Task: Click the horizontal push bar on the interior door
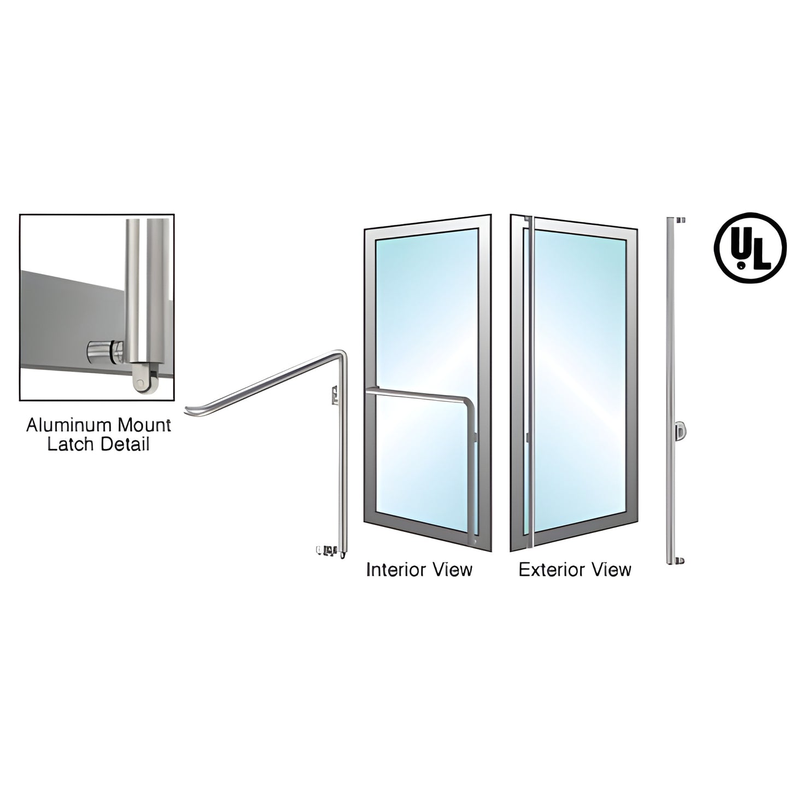tap(416, 391)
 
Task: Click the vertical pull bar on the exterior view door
tap(531, 383)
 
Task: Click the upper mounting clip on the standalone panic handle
tap(334, 394)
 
